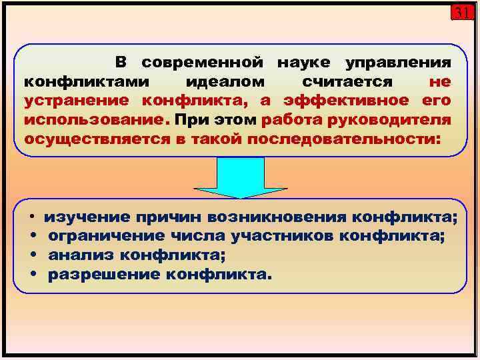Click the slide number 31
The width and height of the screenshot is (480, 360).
click(461, 13)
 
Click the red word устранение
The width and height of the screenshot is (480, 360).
click(79, 101)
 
